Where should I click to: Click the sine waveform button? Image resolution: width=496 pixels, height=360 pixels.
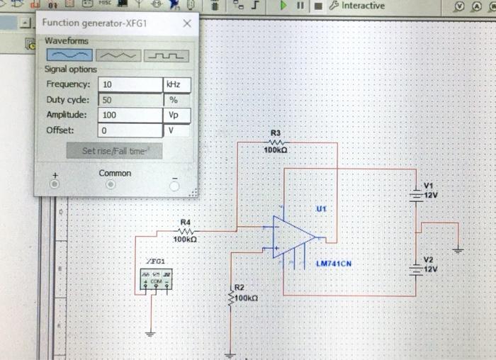tap(69, 55)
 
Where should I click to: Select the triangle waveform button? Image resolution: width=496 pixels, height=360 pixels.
tap(118, 55)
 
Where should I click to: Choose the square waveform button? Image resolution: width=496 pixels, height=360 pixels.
tap(167, 55)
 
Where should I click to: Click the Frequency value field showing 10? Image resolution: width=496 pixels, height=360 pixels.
tap(130, 84)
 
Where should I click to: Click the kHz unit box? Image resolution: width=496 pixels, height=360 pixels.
tap(176, 84)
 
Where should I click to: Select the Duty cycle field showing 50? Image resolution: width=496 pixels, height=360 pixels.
tap(130, 100)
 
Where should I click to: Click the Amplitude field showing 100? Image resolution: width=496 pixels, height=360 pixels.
tap(130, 115)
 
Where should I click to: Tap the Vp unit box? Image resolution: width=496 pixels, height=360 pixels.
tap(176, 115)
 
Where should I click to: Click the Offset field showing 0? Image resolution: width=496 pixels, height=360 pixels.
tap(130, 130)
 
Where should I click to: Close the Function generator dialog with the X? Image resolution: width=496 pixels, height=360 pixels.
tap(186, 23)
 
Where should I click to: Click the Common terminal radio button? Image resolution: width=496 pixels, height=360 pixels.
tap(110, 184)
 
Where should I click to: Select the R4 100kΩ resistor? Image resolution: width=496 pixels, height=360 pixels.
tap(186, 231)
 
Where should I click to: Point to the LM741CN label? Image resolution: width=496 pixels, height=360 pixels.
tap(333, 264)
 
